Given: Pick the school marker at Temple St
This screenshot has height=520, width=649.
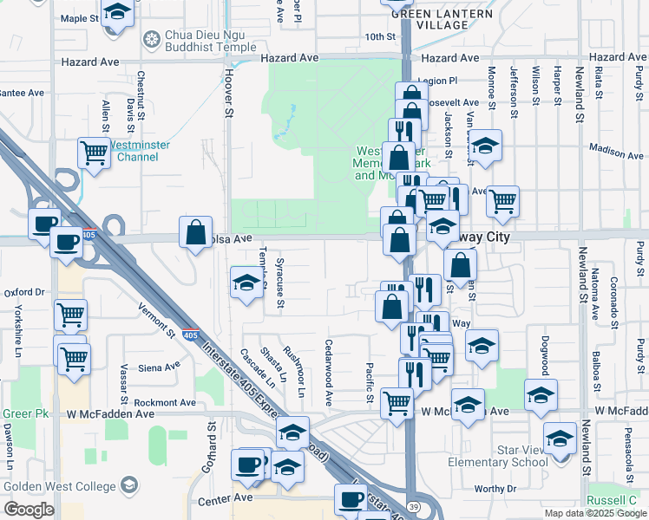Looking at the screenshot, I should [246, 283].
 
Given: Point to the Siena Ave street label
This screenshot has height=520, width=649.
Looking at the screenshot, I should [158, 368].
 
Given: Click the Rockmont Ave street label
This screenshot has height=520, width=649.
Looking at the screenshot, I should [165, 403].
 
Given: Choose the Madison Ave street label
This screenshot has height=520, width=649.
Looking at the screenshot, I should [616, 152].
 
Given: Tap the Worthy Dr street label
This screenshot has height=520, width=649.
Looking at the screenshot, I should [495, 489].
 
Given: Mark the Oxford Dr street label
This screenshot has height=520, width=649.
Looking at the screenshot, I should [23, 293].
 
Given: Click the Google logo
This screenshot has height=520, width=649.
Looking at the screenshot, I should [29, 510].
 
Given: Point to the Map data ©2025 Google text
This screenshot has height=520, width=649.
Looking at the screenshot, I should [594, 513].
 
